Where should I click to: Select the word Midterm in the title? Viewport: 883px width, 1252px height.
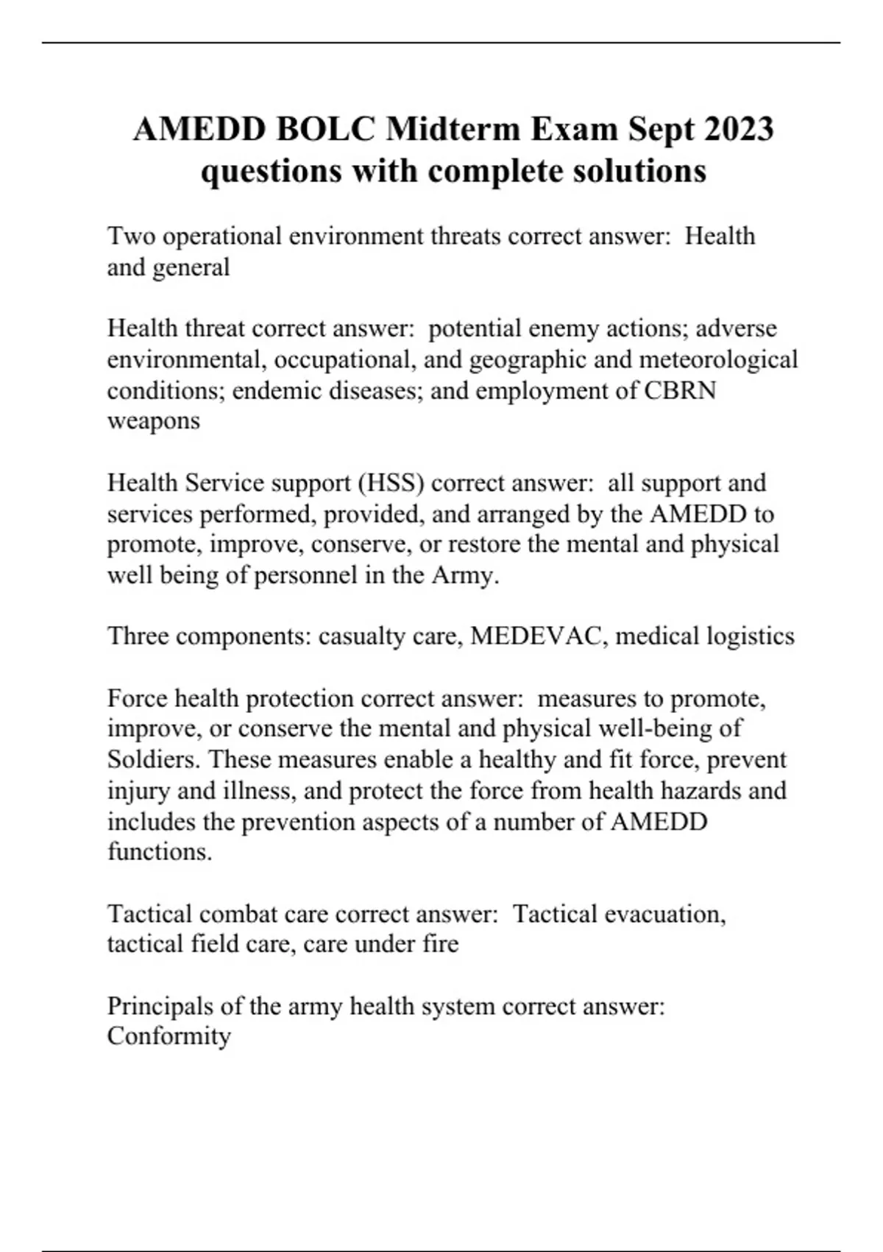[454, 130]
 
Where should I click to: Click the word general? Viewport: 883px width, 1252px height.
[191, 267]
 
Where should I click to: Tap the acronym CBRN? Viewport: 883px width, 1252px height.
[680, 390]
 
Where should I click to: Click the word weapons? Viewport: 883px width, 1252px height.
[153, 421]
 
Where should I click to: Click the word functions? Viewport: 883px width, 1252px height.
[160, 852]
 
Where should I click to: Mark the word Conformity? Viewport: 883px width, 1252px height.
[169, 1036]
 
